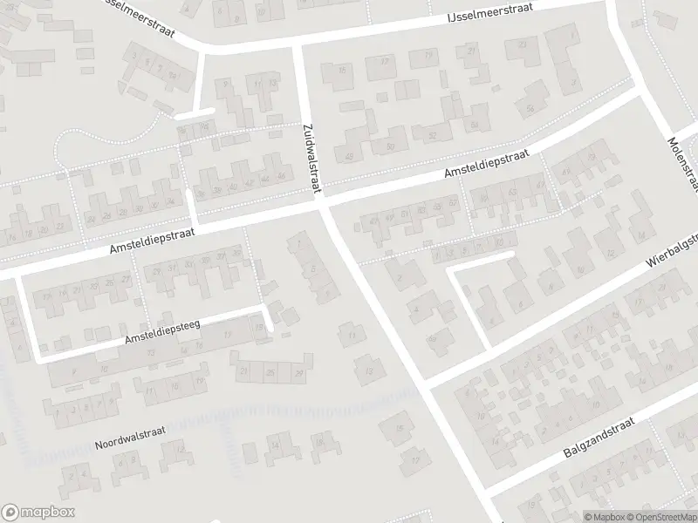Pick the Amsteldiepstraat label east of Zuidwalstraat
(x=485, y=165)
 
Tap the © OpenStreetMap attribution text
(x=660, y=517)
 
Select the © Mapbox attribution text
(x=604, y=517)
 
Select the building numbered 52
(x=431, y=136)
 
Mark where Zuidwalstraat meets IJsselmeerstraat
(x=298, y=43)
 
